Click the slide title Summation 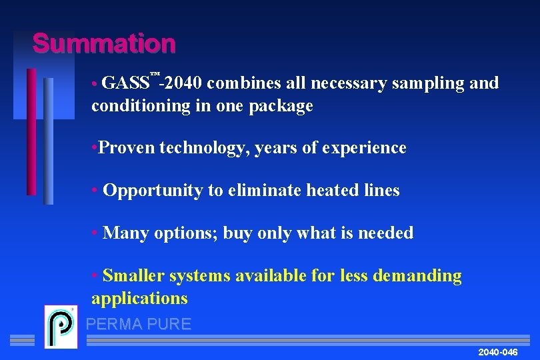click(104, 44)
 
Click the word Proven click(126, 147)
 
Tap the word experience click(364, 148)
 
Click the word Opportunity click(153, 191)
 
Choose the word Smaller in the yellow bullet click(134, 275)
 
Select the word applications click(139, 298)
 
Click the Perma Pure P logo click(61, 326)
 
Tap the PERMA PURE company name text click(139, 325)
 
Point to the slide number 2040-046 click(497, 351)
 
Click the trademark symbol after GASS click(155, 73)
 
